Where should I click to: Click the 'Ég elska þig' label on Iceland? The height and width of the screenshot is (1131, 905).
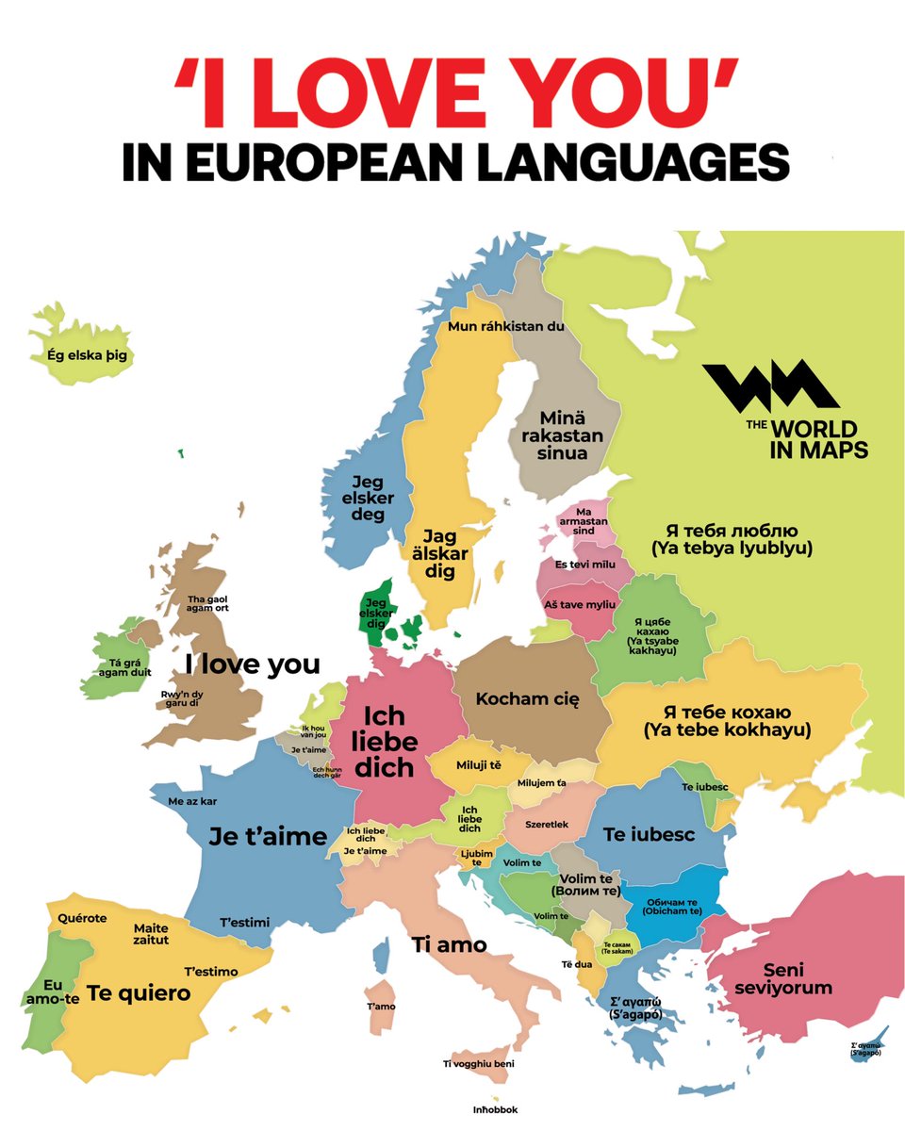pyautogui.click(x=86, y=356)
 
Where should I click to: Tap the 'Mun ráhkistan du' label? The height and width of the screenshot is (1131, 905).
pyautogui.click(x=505, y=327)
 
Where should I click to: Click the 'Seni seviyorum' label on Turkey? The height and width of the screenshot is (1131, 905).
pyautogui.click(x=798, y=978)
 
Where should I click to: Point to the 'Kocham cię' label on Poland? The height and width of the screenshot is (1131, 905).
pyautogui.click(x=527, y=699)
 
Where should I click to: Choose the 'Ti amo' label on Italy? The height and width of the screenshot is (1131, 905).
pyautogui.click(x=450, y=943)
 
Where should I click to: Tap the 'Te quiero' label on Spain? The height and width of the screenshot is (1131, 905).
pyautogui.click(x=139, y=992)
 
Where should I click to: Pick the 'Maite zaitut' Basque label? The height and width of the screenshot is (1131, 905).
pyautogui.click(x=151, y=934)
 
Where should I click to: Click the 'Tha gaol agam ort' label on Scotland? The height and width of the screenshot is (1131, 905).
pyautogui.click(x=208, y=604)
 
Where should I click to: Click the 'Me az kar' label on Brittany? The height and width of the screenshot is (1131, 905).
pyautogui.click(x=192, y=801)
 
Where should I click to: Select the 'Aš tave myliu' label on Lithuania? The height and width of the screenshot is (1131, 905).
pyautogui.click(x=580, y=603)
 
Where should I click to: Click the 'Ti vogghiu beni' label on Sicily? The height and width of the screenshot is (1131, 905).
pyautogui.click(x=479, y=1064)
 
